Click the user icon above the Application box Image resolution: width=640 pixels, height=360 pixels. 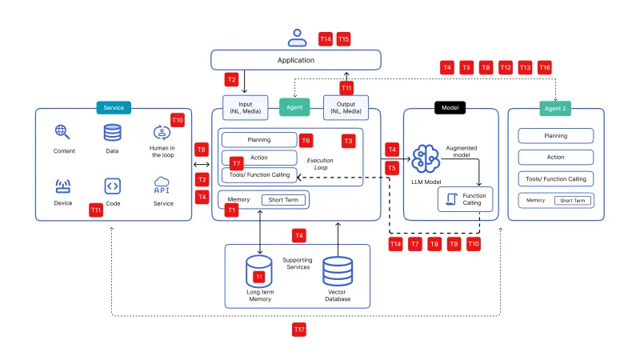[297, 37]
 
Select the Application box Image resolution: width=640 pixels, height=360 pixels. [296, 60]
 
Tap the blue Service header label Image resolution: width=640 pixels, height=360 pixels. [113, 108]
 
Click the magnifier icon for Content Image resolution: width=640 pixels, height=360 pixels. [62, 132]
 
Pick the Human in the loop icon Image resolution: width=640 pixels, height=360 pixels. [162, 132]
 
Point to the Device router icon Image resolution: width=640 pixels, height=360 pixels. [62, 186]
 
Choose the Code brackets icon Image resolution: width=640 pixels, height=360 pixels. [112, 186]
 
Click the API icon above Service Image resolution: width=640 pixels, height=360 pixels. [162, 186]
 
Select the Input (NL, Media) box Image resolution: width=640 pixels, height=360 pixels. [244, 107]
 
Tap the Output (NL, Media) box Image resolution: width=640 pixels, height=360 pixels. [346, 107]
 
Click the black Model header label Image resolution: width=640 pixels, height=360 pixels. [450, 108]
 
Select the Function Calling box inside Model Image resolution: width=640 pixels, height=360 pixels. [465, 199]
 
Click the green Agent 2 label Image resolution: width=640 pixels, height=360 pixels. [555, 108]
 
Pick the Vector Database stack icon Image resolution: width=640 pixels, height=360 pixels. [338, 272]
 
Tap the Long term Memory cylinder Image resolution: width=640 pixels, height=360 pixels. [259, 272]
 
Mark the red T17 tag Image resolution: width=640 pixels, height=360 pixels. [298, 329]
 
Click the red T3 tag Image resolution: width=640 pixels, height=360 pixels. [348, 141]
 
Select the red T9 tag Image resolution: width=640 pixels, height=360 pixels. [454, 243]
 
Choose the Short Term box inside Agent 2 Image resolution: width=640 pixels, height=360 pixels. [572, 200]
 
